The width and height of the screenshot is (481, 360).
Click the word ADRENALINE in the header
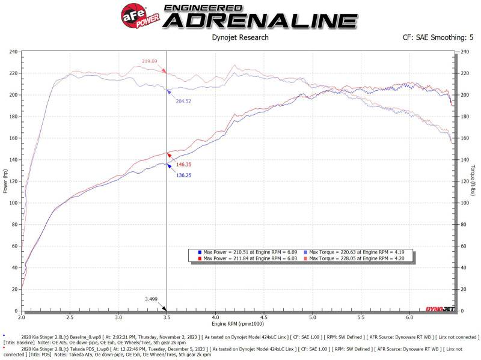(x=260, y=20)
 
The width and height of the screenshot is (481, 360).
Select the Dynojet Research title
(x=240, y=38)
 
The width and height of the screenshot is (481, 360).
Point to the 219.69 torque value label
(x=149, y=61)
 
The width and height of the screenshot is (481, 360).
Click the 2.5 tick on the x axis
(x=70, y=317)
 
